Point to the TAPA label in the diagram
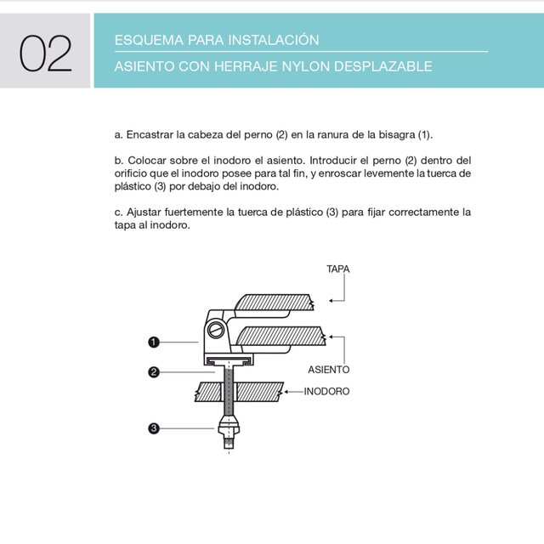(338, 269)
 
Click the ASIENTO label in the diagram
(328, 370)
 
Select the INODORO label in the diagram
(327, 392)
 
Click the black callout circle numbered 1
(154, 342)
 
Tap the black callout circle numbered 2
(154, 371)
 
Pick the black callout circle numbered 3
(154, 428)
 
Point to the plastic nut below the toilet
(228, 425)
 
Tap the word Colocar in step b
(149, 160)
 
